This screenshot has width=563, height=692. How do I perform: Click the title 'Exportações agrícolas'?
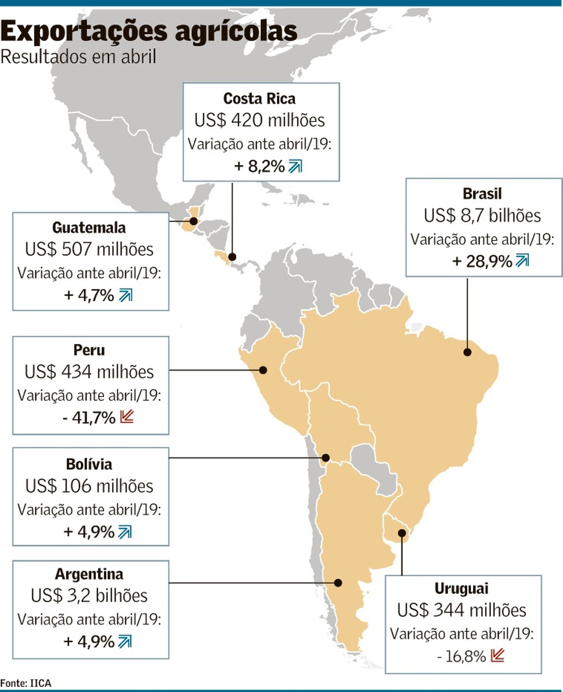pos(149,32)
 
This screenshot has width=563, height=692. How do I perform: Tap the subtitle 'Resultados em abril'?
pos(78,57)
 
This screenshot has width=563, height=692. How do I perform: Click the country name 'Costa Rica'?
pos(259,99)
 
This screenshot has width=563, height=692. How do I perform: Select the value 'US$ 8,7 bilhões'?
pos(482,215)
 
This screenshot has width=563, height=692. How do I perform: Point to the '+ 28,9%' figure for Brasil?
pos(482,261)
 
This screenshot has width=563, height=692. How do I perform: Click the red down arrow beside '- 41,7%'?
pos(127,416)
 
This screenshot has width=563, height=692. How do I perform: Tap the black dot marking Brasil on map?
pos(467,352)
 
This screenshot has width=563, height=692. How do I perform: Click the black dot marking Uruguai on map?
pos(402,533)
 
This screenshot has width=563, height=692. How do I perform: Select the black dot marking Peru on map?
pos(263,370)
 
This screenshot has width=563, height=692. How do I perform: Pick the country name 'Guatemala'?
pos(89,228)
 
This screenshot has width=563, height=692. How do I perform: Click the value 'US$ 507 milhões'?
pos(89,249)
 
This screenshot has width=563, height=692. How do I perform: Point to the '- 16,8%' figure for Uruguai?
pos(461,656)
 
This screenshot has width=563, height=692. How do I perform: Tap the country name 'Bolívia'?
pos(89,464)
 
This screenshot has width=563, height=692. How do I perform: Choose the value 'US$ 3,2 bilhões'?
pos(89,596)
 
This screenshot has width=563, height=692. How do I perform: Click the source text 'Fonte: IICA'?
pos(26,683)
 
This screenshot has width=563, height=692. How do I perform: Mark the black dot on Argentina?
pos(338,583)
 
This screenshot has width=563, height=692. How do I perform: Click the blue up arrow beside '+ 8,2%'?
pos(295,166)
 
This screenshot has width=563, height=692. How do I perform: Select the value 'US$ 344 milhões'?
pos(462,610)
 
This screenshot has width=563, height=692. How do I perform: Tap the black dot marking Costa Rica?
pos(232,257)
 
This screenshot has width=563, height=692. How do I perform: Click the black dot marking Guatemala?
pos(194,221)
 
